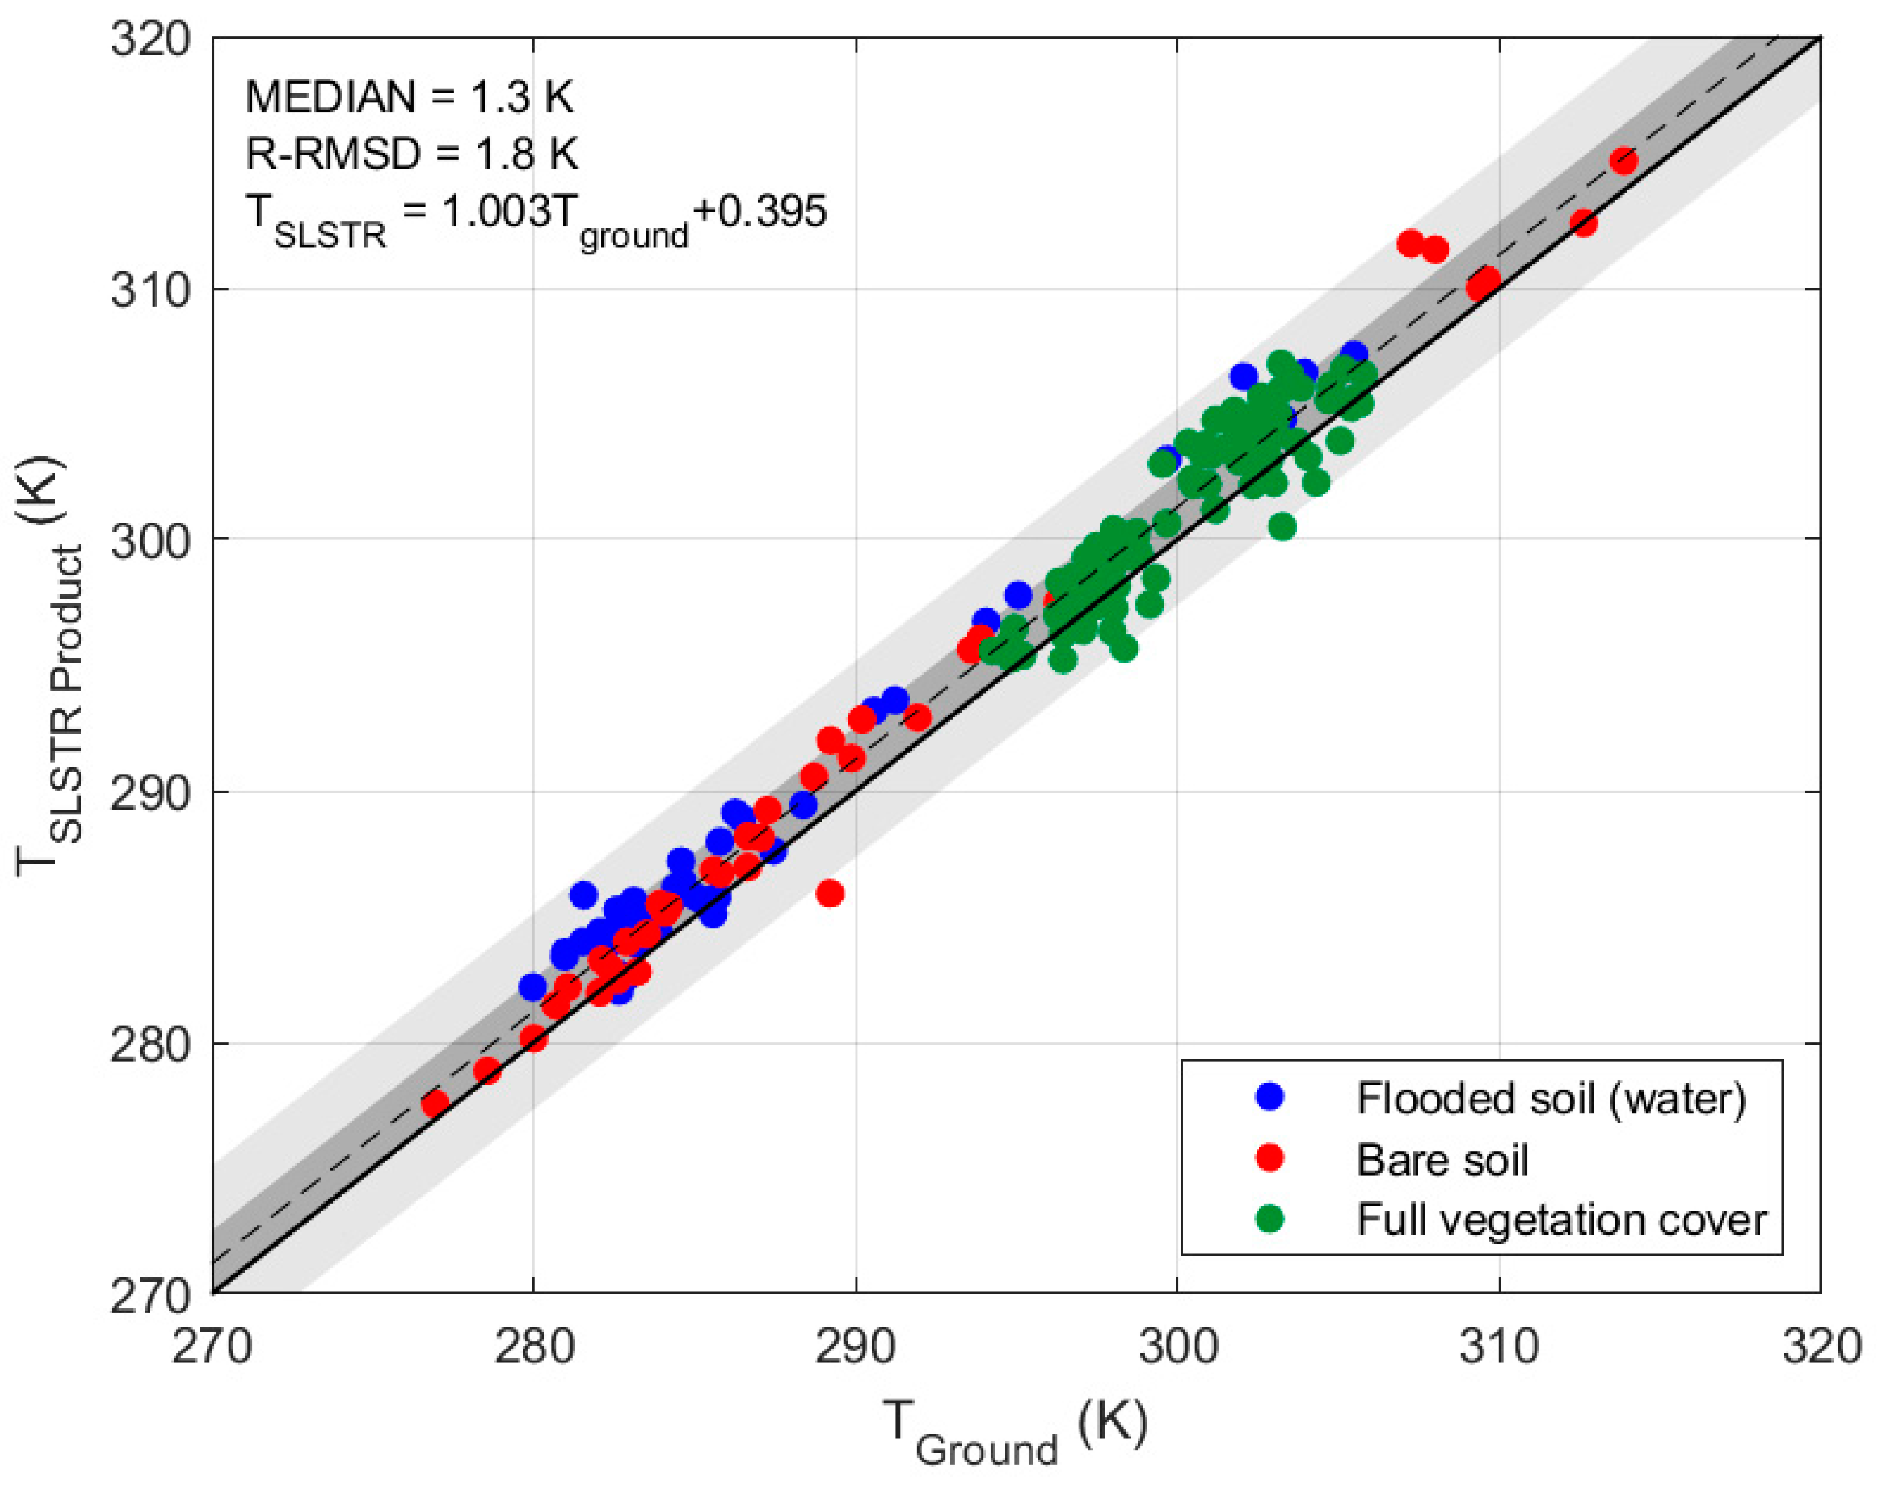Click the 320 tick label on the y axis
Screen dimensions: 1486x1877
click(x=150, y=39)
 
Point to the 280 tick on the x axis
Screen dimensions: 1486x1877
click(x=534, y=1347)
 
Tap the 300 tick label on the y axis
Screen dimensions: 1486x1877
click(x=150, y=541)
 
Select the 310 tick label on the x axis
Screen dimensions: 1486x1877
click(x=1498, y=1347)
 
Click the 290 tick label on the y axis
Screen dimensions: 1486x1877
click(x=150, y=793)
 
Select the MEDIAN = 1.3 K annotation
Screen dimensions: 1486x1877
click(x=409, y=96)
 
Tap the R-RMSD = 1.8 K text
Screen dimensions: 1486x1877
click(x=411, y=154)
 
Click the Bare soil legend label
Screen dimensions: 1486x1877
click(x=1441, y=1160)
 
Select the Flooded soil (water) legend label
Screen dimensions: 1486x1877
click(x=1551, y=1099)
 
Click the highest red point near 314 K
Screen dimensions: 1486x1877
click(x=1624, y=160)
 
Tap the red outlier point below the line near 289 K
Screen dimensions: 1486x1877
click(x=829, y=893)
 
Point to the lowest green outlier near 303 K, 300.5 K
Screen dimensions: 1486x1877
click(x=1282, y=526)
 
